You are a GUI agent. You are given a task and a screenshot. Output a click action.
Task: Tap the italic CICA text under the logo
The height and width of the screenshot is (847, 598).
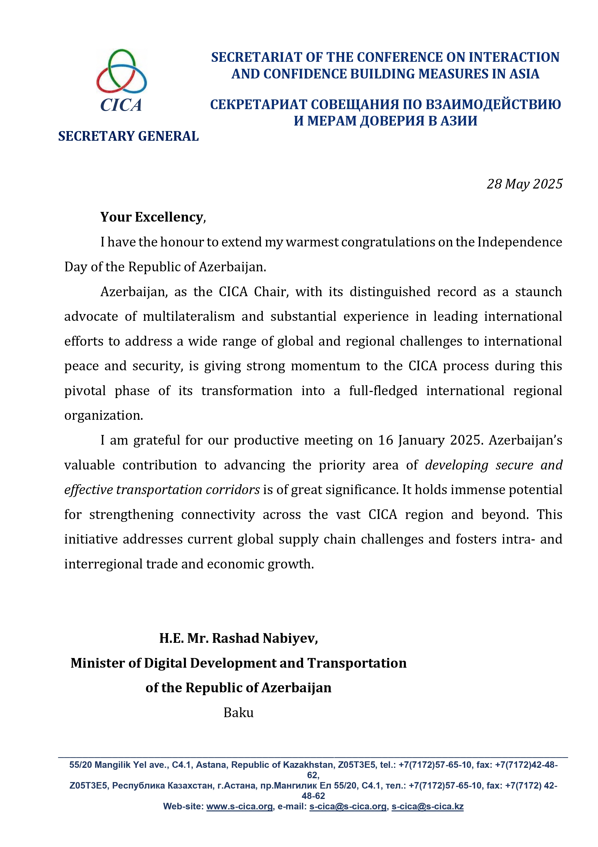coord(121,105)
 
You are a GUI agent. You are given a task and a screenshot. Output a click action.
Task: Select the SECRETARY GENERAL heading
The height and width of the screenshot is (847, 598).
coord(128,136)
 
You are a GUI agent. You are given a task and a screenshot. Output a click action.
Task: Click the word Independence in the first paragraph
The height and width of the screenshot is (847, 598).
coord(519,242)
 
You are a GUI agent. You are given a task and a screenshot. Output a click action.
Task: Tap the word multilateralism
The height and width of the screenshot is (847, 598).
coord(189,316)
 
